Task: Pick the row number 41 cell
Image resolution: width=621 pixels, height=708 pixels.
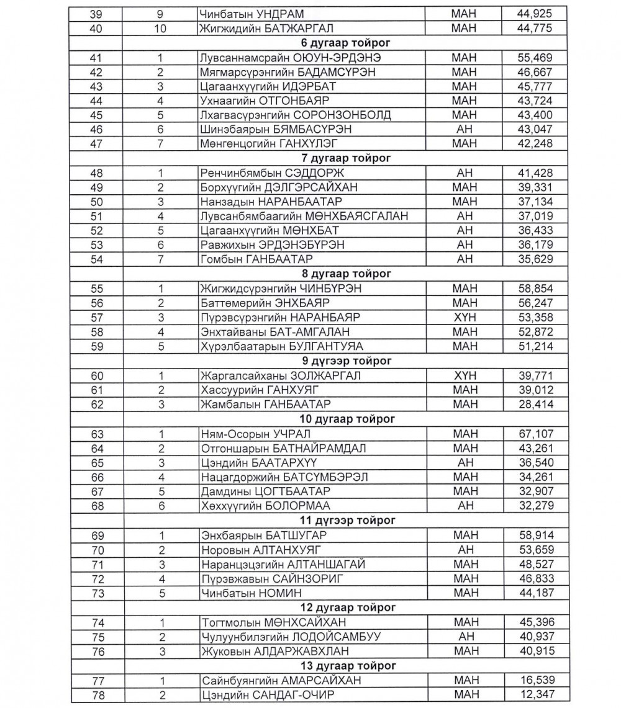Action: point(97,58)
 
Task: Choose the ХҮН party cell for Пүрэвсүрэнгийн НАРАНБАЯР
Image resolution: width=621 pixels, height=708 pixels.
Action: point(465,318)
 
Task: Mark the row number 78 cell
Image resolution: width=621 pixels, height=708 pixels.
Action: point(97,695)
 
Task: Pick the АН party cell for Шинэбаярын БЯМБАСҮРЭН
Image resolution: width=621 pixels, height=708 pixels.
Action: point(465,130)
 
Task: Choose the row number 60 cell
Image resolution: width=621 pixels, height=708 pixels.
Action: point(97,376)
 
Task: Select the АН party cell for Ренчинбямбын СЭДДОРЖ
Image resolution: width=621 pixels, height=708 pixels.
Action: point(465,173)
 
